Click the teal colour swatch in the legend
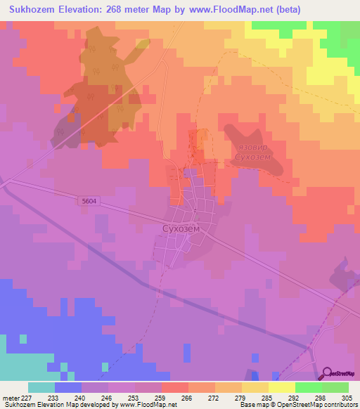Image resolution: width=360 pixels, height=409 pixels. (x=41, y=387)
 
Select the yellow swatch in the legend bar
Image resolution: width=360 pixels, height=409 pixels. (x=281, y=387)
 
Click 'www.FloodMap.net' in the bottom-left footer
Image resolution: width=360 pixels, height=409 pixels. (x=147, y=405)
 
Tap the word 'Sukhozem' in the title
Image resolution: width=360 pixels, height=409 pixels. (x=32, y=9)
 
